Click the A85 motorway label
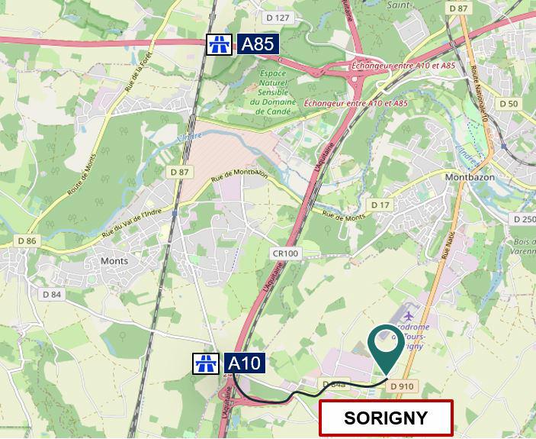pos(258,44)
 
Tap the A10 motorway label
pos(244,363)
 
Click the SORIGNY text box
pos(386,418)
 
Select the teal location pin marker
pos(387,347)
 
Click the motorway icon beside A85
pos(219,44)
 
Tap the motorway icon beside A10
pos(206,363)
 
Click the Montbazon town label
pos(470,177)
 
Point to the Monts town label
pos(114,260)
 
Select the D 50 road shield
pos(508,103)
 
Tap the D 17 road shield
pos(380,205)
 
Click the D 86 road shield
pos(27,240)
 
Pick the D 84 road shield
pos(52,294)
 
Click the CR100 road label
pos(286,253)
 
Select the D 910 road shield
pos(402,386)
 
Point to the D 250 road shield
pos(525,219)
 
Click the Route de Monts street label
pos(84,172)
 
